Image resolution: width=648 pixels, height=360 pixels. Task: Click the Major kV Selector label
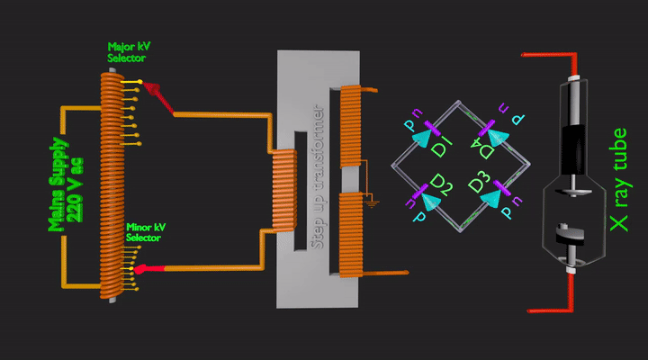(x=126, y=51)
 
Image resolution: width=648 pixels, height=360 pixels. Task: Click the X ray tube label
(x=617, y=179)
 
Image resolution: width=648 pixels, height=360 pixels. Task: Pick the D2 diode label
(x=440, y=186)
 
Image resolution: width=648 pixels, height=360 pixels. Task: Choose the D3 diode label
(x=480, y=185)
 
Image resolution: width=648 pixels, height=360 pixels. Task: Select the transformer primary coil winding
(x=283, y=189)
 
